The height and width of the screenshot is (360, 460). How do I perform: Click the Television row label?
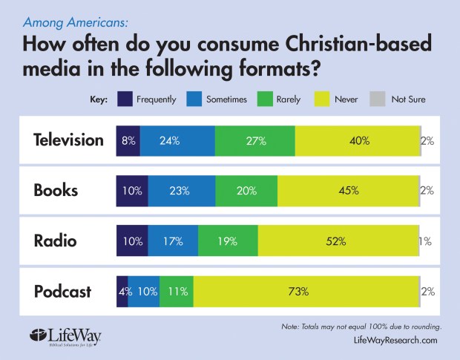click(68, 140)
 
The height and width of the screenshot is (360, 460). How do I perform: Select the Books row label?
click(56, 189)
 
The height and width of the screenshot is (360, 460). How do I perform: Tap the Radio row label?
click(56, 240)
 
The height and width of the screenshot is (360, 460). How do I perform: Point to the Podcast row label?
click(62, 291)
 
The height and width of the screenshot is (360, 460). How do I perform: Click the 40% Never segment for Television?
click(357, 140)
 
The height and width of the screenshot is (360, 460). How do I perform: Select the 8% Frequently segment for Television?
click(128, 140)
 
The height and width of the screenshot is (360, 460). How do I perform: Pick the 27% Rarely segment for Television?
click(254, 140)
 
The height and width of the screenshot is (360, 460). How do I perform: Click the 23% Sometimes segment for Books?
click(181, 190)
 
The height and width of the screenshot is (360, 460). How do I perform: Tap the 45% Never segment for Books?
click(348, 190)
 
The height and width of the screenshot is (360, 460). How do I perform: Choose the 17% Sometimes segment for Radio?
click(173, 240)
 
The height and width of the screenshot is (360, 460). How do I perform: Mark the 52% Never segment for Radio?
click(338, 240)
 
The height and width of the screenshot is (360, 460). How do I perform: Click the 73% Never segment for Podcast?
click(306, 291)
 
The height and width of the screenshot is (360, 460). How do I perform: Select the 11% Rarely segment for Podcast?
click(176, 291)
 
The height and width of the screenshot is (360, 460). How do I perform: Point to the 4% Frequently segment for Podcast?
click(122, 291)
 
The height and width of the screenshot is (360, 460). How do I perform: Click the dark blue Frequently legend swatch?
click(124, 99)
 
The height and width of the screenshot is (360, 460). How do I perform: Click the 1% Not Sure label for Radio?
click(426, 240)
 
